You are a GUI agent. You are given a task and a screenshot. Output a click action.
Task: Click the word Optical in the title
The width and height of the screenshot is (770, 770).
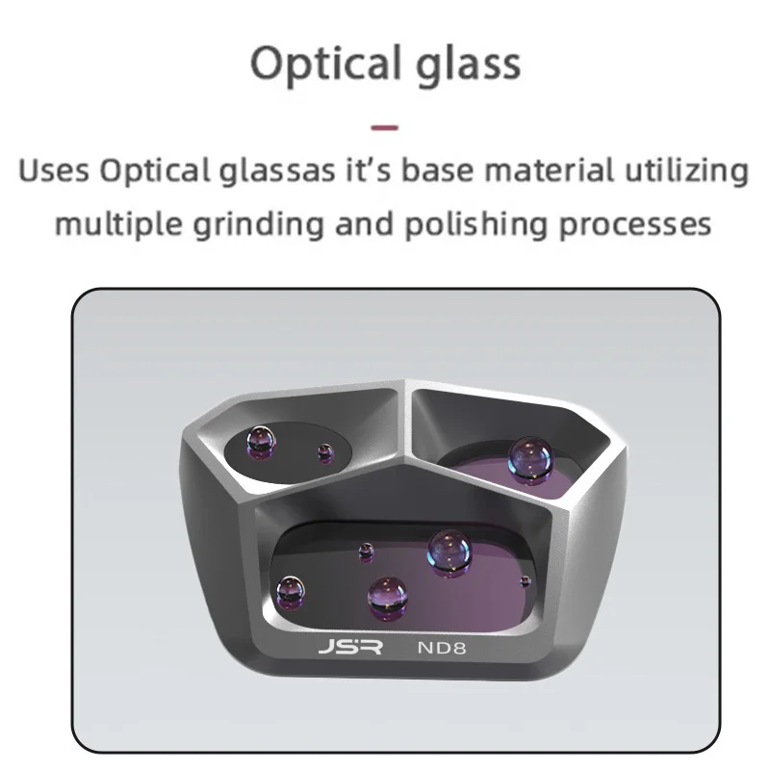(x=325, y=64)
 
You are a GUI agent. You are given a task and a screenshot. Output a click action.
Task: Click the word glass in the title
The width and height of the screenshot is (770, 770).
(x=469, y=64)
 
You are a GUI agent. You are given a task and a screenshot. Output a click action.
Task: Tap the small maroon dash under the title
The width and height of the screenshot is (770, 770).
(x=384, y=128)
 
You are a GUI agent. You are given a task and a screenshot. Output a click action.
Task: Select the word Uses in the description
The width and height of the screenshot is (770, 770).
(x=54, y=171)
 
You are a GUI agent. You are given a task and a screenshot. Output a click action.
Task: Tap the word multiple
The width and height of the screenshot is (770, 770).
(x=118, y=224)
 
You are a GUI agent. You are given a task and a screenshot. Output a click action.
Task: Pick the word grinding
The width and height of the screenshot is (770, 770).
(x=258, y=224)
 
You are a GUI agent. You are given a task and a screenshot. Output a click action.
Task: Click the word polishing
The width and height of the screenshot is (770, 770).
(x=475, y=224)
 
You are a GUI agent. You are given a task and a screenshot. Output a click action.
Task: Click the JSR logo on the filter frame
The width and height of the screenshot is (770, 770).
(x=350, y=647)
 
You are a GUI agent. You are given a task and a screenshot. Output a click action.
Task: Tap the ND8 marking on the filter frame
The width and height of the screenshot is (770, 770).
(x=442, y=647)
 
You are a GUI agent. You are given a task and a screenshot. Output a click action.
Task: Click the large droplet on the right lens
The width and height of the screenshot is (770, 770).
(x=530, y=460)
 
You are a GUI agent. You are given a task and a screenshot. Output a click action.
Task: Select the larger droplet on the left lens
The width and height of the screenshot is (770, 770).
(x=261, y=442)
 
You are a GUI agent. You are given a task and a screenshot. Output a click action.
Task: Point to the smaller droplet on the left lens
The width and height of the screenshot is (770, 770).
(x=325, y=452)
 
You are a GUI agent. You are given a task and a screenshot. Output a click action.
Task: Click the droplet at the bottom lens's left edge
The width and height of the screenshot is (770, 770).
(x=291, y=592)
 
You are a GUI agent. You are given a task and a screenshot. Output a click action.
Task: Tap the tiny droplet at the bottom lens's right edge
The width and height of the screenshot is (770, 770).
(x=526, y=581)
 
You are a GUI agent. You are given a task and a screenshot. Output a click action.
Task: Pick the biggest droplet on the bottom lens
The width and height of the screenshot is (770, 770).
(x=449, y=552)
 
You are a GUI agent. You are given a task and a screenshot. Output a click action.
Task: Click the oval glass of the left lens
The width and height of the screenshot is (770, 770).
(x=288, y=451)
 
